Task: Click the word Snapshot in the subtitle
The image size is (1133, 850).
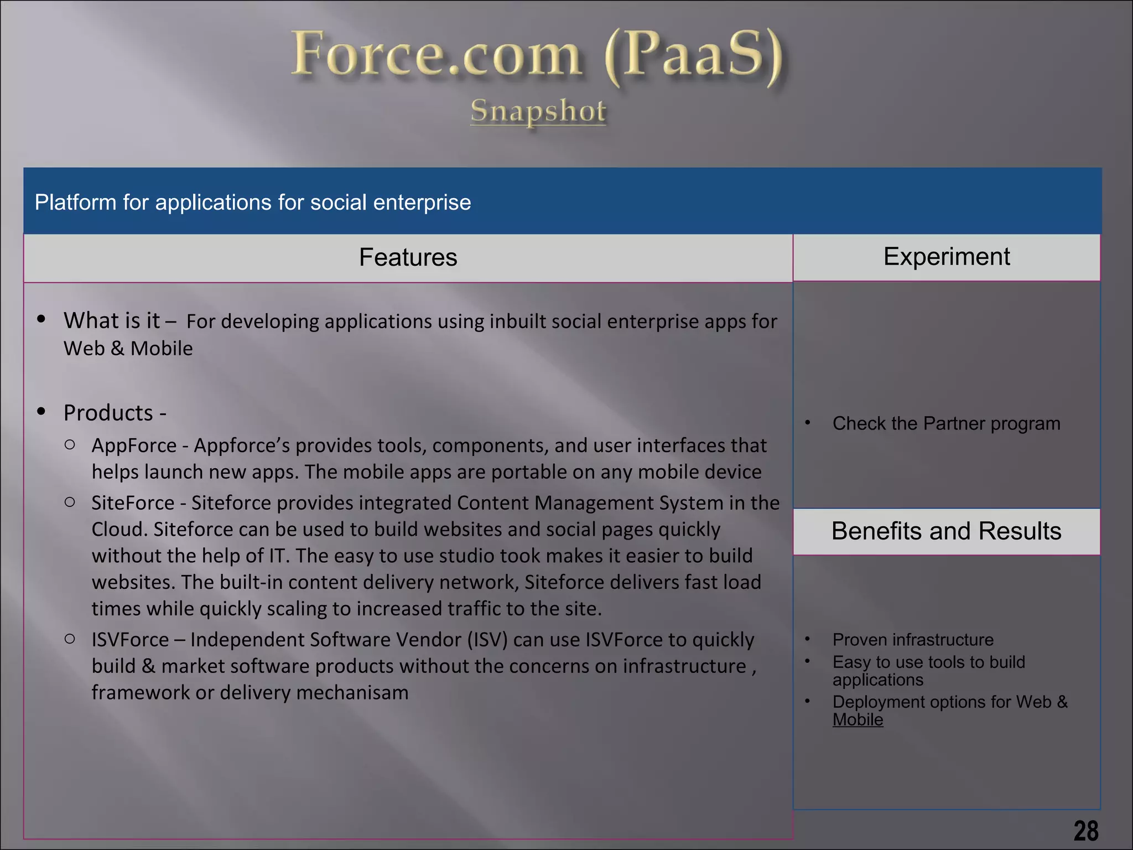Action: click(538, 111)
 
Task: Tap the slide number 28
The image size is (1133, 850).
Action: click(1086, 831)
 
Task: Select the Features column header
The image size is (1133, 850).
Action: click(408, 257)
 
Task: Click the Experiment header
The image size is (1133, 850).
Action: click(947, 257)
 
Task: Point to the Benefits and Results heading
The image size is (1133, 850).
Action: click(947, 531)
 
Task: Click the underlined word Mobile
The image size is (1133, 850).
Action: click(857, 719)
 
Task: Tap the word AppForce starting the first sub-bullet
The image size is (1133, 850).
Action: click(134, 445)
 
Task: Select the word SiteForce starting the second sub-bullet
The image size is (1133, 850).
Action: click(133, 503)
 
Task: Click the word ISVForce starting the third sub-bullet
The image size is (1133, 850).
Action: click(130, 640)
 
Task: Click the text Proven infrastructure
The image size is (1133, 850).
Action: click(913, 640)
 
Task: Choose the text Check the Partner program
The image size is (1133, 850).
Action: click(946, 423)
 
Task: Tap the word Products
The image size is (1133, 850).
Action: click(108, 413)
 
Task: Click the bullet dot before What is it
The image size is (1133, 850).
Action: click(41, 319)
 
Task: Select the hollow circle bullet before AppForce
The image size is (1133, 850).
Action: click(70, 444)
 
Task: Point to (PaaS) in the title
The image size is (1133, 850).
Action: click(694, 55)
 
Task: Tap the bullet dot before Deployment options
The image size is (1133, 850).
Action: click(808, 701)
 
